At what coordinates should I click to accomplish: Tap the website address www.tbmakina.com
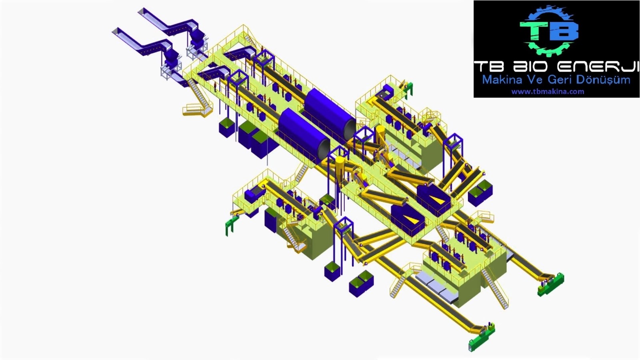tap(548, 92)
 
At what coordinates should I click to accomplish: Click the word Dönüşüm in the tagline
tap(602, 80)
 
